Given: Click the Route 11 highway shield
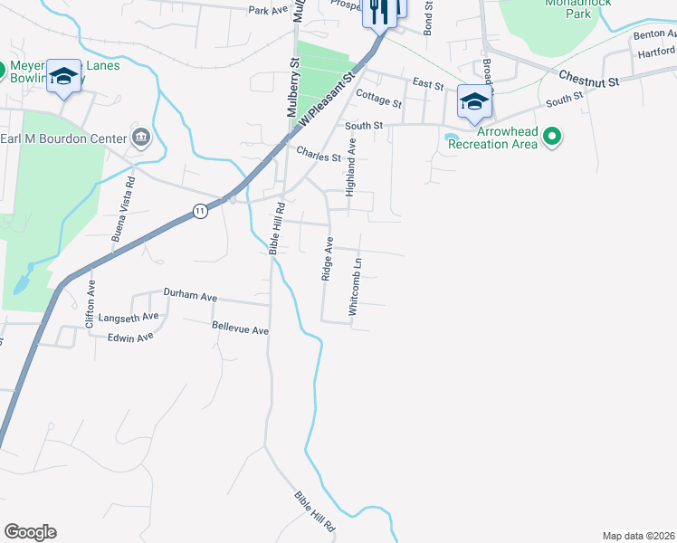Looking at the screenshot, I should point(200,210).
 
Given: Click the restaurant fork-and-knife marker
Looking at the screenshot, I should point(378,12).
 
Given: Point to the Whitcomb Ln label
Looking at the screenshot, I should point(357,287).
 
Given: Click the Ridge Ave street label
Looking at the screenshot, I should point(329,259).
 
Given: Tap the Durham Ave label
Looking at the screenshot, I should point(190,294).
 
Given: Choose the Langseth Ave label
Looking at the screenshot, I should point(129,317).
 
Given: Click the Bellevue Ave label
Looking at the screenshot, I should point(240,328).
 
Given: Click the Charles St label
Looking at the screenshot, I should point(319,156).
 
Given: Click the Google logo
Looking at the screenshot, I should point(30,532).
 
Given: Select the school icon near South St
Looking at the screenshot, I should point(473,102).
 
